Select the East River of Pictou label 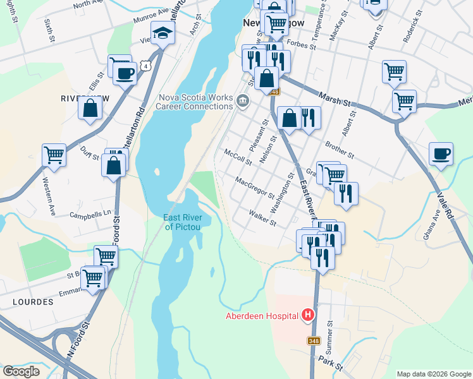tap(183, 222)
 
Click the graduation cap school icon tap(163, 33)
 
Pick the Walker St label tap(262, 219)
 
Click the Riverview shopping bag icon tap(90, 108)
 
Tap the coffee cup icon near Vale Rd tap(441, 153)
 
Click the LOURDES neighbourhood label tap(33, 302)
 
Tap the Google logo tap(21, 371)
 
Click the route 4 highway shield tap(146, 65)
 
